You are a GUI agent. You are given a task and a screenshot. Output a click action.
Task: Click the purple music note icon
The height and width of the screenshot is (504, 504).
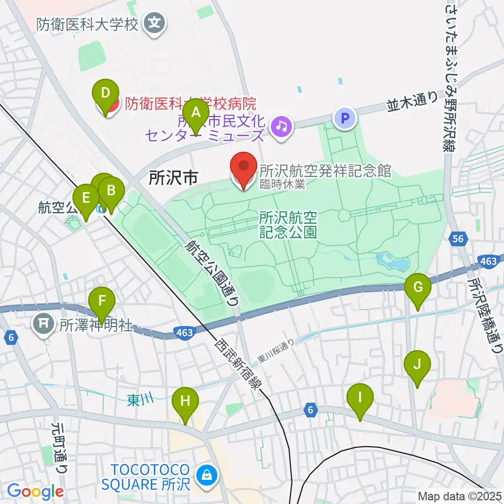(x=282, y=126)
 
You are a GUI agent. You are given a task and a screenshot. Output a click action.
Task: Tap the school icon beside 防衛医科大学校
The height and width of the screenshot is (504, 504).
(x=155, y=23)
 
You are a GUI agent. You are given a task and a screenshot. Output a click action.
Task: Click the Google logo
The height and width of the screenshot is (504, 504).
(x=35, y=491)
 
